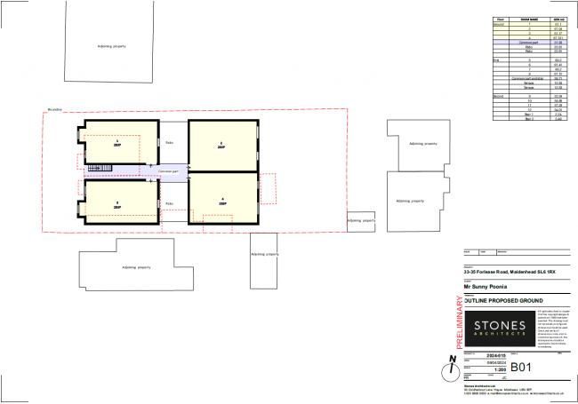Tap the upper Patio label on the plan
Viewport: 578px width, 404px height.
tap(169, 142)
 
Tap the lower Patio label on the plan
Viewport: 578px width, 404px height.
tap(169, 203)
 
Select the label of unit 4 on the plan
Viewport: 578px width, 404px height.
tap(222, 201)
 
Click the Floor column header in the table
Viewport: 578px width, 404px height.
tap(501, 17)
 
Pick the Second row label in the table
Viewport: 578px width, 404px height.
tap(500, 95)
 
